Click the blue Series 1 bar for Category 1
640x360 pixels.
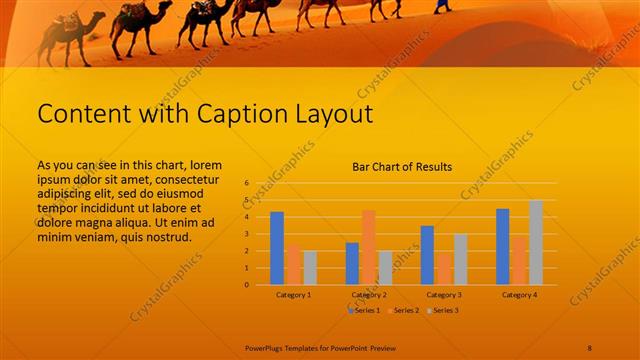point(277,248)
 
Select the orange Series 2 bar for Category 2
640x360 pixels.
point(368,247)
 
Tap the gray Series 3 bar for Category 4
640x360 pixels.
point(536,242)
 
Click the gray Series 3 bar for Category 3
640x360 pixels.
point(460,259)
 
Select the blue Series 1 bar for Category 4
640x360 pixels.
point(502,246)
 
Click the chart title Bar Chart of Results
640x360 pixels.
point(402,167)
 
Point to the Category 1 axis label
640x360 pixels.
point(293,295)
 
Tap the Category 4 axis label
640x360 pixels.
point(519,295)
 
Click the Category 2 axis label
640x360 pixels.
point(368,295)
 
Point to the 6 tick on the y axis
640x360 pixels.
point(246,184)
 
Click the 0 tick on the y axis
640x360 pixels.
point(246,285)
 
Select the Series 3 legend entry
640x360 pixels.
point(442,311)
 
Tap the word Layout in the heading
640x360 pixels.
point(325,114)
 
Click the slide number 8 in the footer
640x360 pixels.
point(590,347)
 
